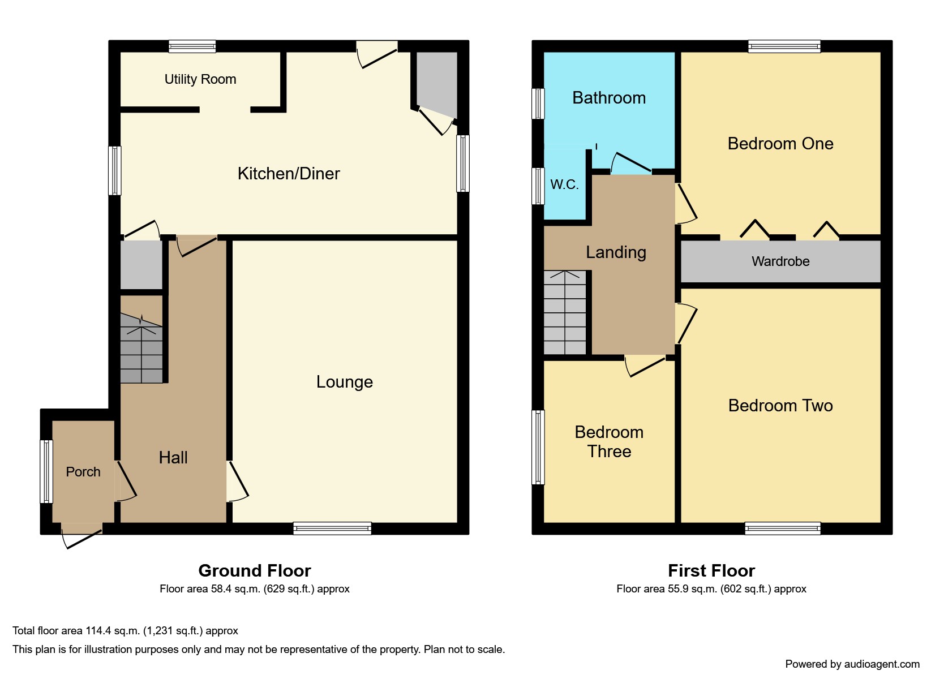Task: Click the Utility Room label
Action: click(x=200, y=79)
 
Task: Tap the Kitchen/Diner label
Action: click(x=289, y=173)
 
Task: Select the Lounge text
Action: click(x=345, y=382)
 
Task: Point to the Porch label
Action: click(x=83, y=472)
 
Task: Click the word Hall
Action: click(x=173, y=458)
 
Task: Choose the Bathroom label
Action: click(x=609, y=98)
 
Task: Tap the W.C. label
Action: click(x=564, y=184)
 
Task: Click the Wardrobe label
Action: click(x=780, y=261)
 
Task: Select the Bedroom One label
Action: click(x=780, y=143)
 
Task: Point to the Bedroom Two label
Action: click(x=780, y=405)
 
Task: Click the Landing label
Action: click(x=616, y=253)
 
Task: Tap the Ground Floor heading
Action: click(x=255, y=570)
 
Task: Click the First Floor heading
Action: click(x=711, y=570)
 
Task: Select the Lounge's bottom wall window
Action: click(x=332, y=528)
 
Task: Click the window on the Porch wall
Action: click(x=46, y=471)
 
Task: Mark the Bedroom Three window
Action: click(x=538, y=447)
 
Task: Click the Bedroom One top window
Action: click(x=784, y=46)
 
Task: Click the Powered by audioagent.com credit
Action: click(x=852, y=664)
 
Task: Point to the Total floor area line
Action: click(x=125, y=631)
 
